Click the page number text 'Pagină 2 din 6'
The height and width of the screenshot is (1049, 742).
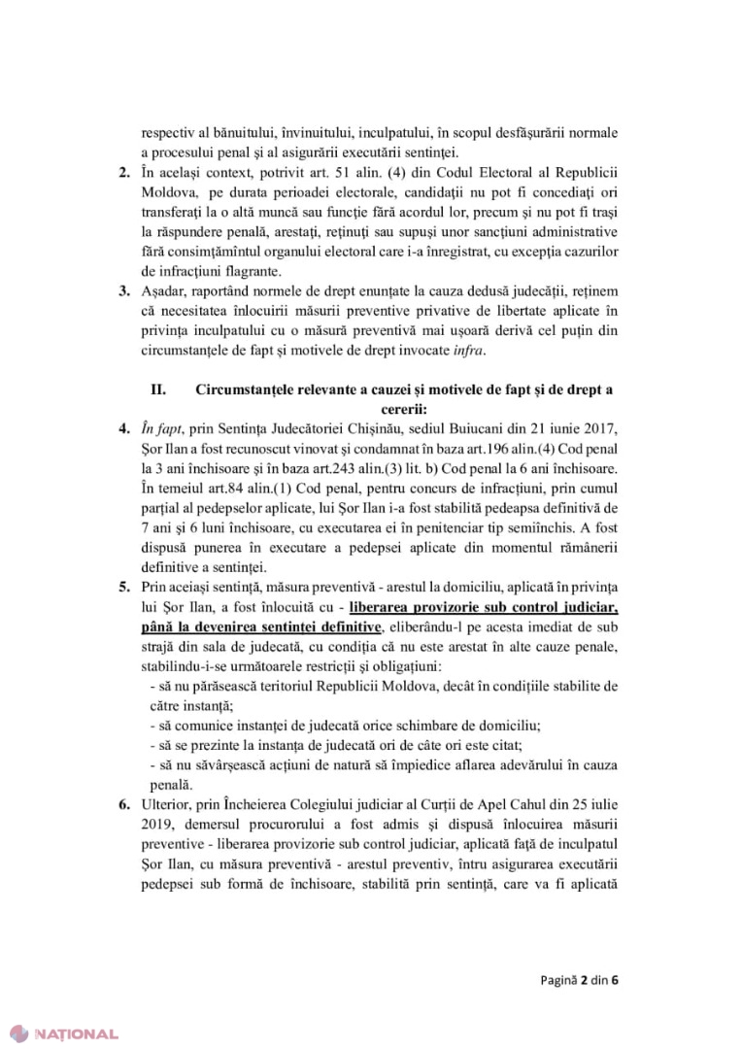579,980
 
